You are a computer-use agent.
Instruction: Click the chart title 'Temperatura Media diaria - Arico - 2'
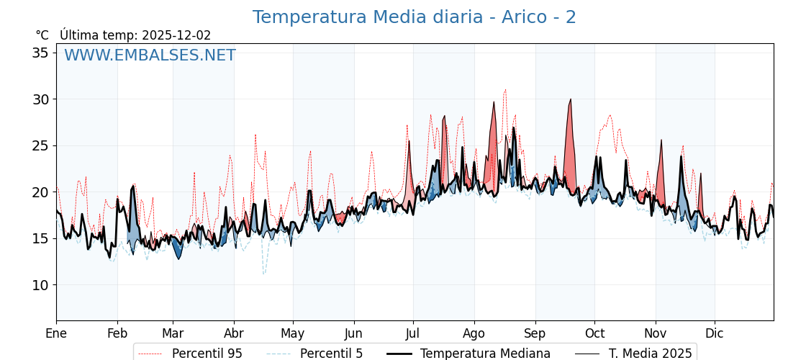pos(414,17)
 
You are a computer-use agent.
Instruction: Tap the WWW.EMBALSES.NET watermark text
pos(150,55)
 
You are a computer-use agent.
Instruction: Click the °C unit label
pos(42,35)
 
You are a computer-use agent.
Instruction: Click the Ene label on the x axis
pos(56,333)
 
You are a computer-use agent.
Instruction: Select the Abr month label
pos(234,333)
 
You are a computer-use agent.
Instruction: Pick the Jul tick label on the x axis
pos(413,333)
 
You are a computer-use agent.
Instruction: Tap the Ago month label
pos(474,333)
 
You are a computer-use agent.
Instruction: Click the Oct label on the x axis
pos(594,333)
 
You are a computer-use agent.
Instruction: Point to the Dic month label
pos(715,333)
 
